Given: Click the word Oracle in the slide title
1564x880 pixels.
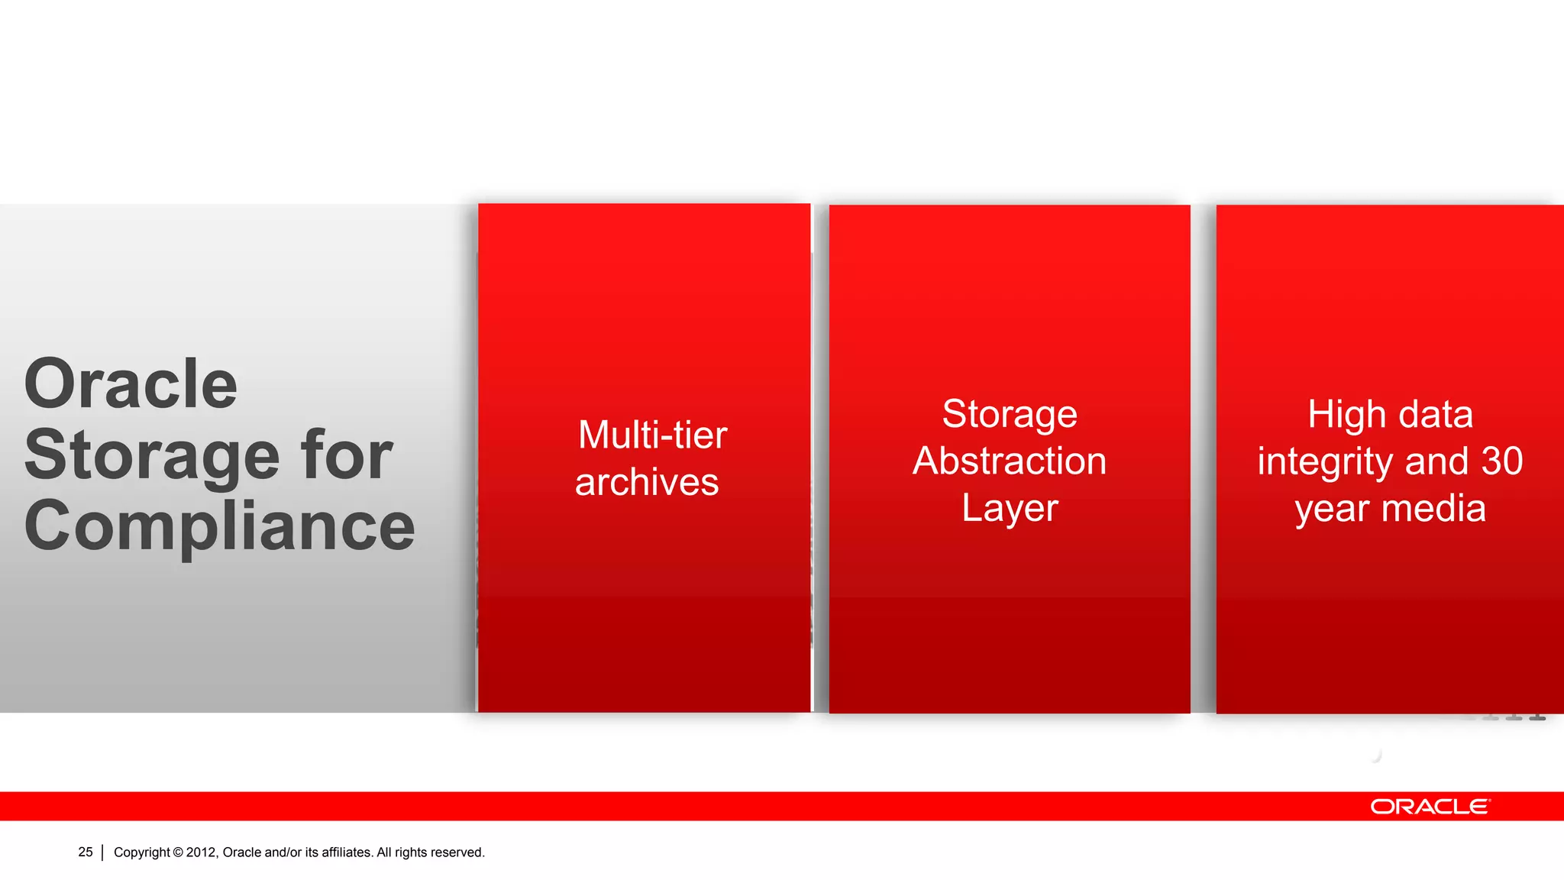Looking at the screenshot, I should pos(131,383).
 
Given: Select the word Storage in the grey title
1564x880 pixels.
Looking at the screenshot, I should pos(153,456).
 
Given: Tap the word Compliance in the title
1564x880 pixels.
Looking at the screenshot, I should pos(219,526).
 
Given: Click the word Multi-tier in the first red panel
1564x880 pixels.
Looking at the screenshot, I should pos(652,435).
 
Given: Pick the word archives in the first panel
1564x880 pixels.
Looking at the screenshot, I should pos(647,483).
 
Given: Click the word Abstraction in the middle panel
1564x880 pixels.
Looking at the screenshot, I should pos(1010,461).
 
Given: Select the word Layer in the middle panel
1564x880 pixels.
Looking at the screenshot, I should pos(1010,509).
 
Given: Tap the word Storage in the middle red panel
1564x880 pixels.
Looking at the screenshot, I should pos(1010,415).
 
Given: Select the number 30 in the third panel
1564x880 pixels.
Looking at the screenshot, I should pos(1502,461).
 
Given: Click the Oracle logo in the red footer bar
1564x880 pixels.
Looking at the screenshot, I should pos(1430,807).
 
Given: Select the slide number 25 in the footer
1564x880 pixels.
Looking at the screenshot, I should pos(86,852).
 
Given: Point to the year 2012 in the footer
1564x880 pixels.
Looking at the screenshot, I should pos(202,852).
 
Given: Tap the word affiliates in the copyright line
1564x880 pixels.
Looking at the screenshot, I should pos(347,852).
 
